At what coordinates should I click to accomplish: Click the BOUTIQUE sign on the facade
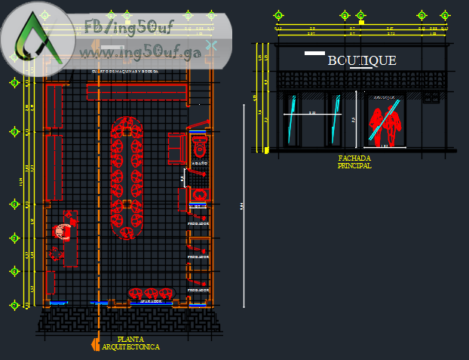coord(361,60)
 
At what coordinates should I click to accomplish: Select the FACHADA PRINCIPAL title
coord(354,162)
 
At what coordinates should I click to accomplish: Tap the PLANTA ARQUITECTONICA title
coord(131,343)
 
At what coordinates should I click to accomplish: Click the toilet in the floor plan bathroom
coord(199,141)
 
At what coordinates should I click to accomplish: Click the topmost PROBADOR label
coord(198,225)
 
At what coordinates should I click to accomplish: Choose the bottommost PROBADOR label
coord(198,290)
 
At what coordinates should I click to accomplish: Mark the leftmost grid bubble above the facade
coord(278,15)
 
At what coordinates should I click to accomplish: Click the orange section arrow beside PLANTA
coord(95,344)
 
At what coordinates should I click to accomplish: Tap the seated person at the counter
coord(63,230)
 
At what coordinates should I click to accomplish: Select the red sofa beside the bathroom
coord(174,147)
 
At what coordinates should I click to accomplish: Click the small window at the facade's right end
coord(431,98)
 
